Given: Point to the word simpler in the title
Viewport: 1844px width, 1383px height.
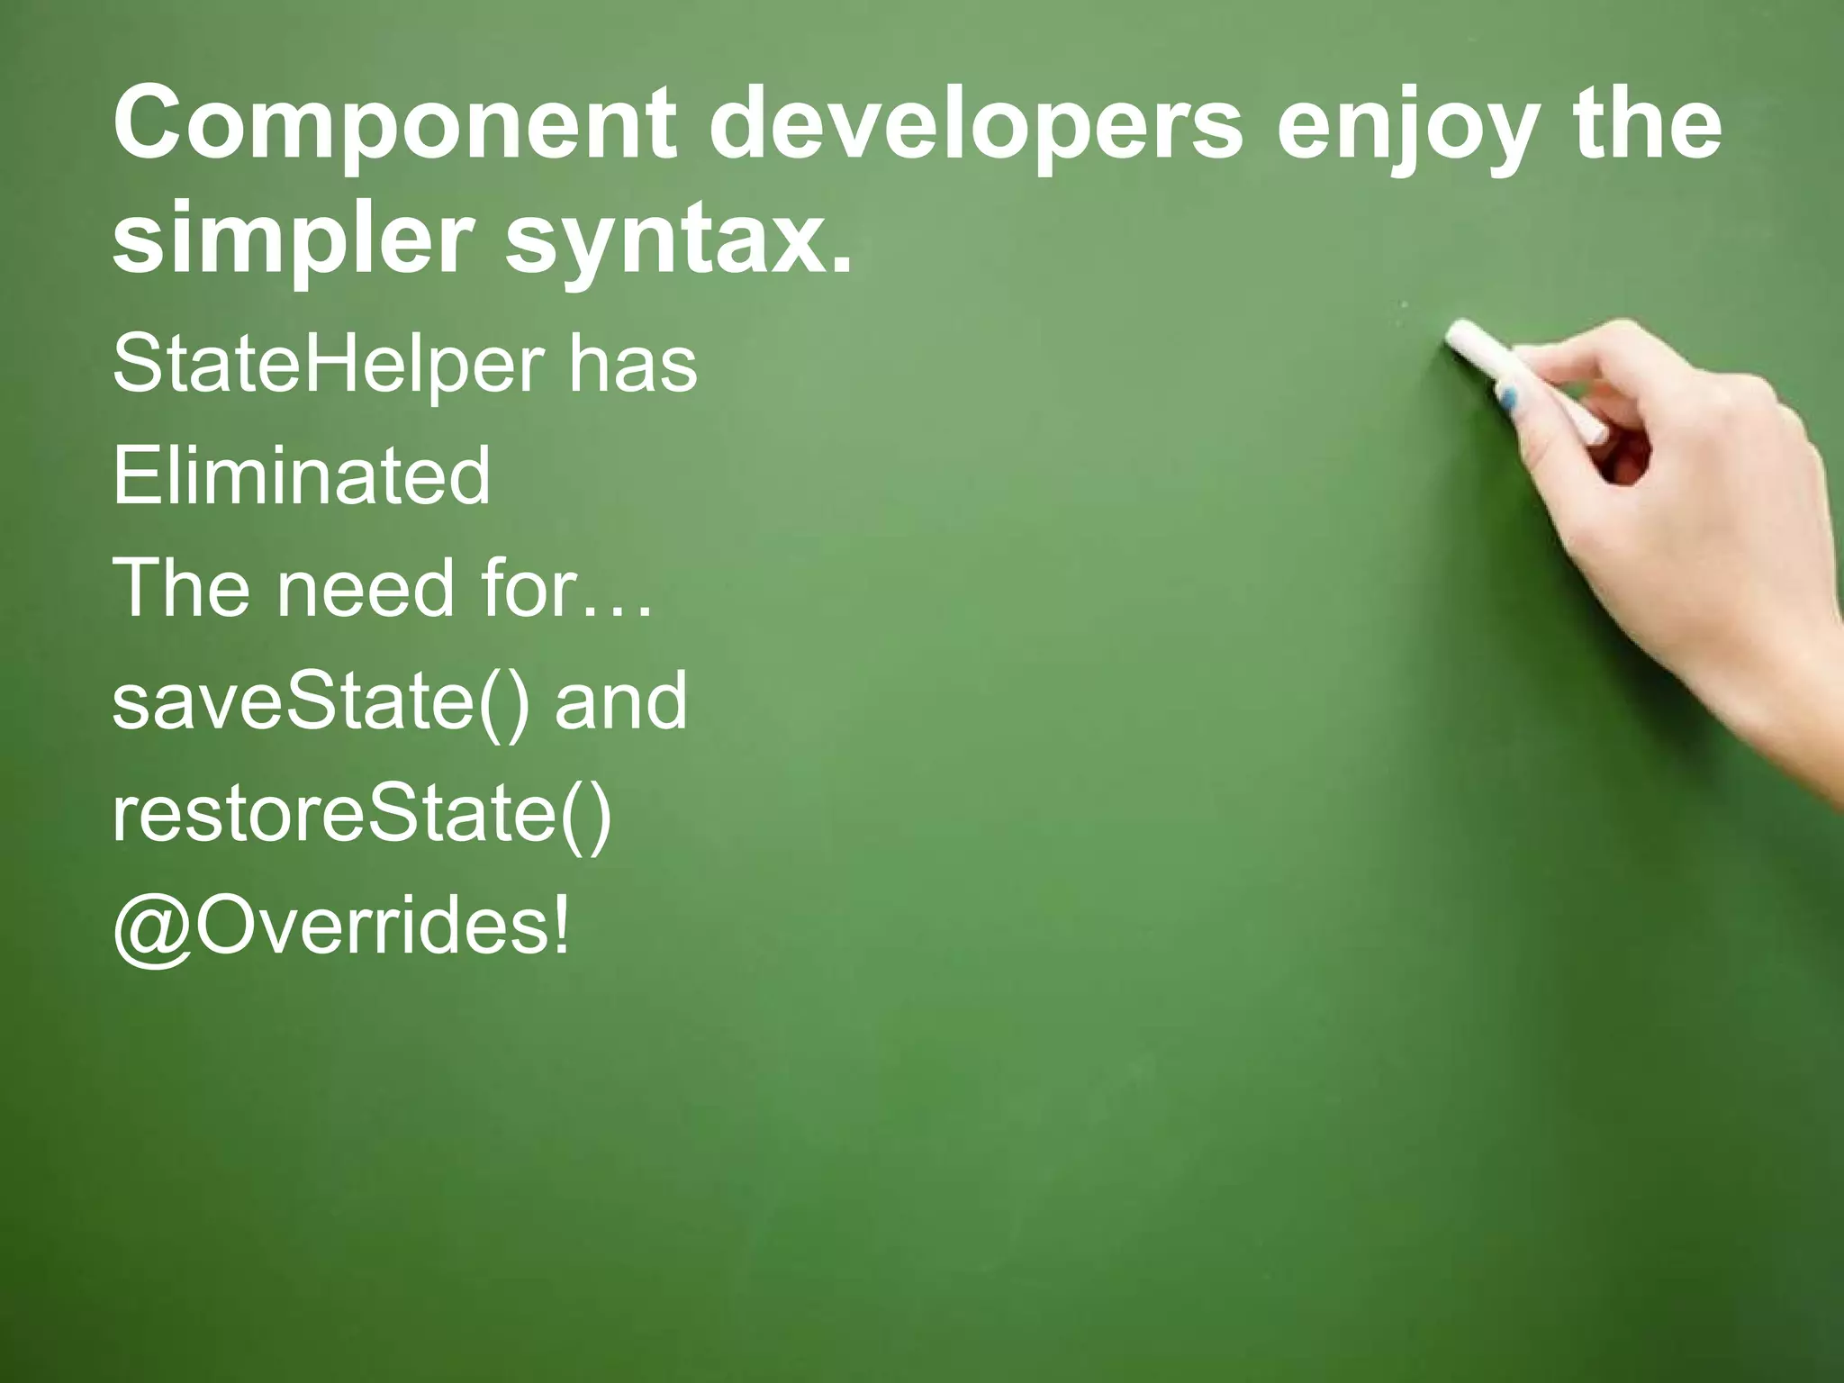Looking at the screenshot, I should click(293, 240).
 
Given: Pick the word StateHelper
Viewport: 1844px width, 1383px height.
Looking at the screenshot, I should click(328, 366).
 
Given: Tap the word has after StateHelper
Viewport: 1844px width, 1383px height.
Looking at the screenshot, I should click(632, 364).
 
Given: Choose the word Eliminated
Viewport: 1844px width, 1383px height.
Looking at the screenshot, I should click(302, 475).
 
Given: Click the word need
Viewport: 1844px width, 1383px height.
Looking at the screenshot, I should click(366, 588).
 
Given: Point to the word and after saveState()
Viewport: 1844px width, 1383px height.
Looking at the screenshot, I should click(620, 701).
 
